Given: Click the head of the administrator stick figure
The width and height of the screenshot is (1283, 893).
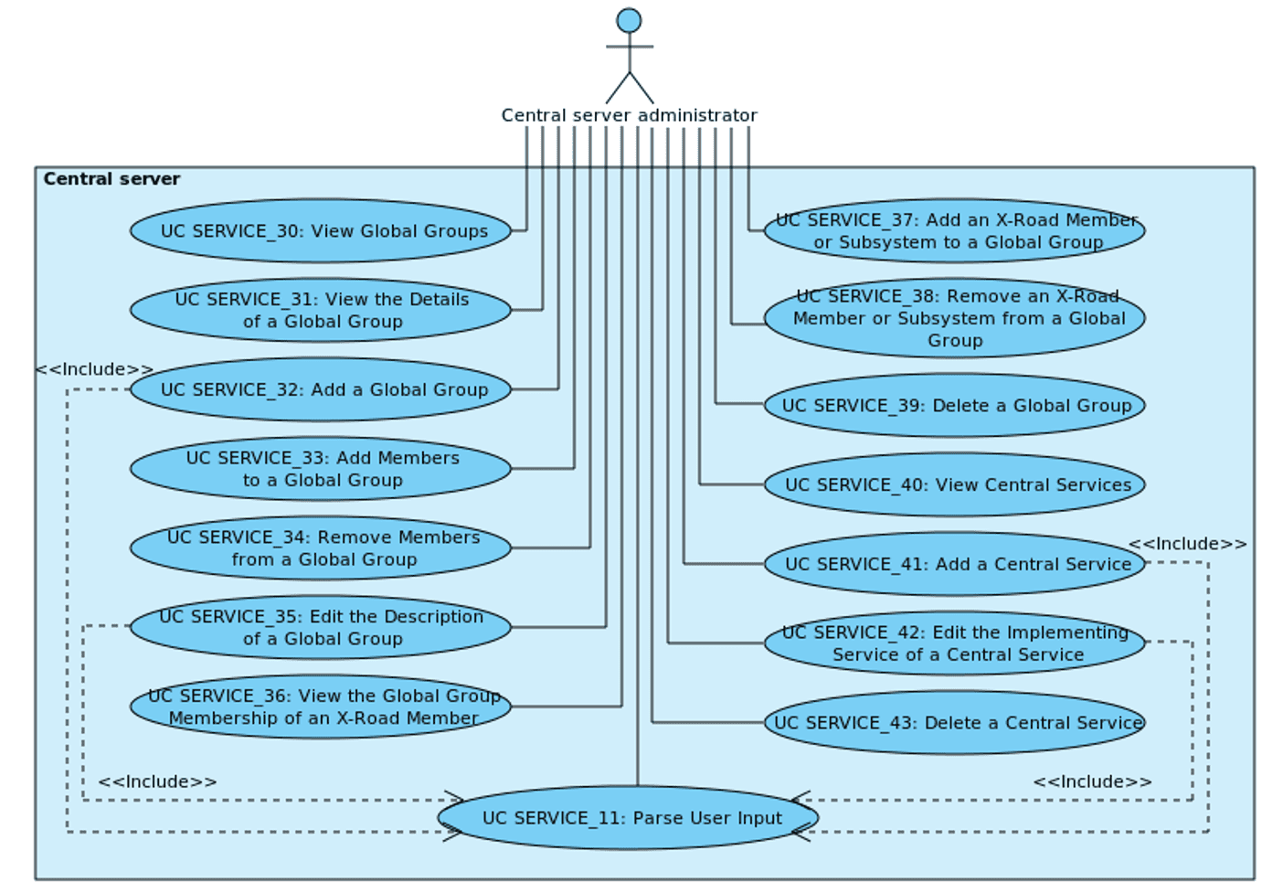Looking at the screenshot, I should pyautogui.click(x=629, y=20).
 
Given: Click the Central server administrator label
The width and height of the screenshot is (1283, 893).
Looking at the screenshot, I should pyautogui.click(x=629, y=116).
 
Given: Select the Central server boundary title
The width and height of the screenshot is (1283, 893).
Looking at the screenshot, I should pyautogui.click(x=111, y=179).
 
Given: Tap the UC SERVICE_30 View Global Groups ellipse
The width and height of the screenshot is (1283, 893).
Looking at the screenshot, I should pyautogui.click(x=321, y=231).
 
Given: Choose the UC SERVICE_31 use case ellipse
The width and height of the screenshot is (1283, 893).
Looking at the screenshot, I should pyautogui.click(x=321, y=311).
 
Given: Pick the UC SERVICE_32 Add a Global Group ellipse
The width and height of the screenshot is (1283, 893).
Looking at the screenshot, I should pyautogui.click(x=321, y=390).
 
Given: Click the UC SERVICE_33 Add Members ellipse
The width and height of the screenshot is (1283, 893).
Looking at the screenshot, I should pyautogui.click(x=321, y=469).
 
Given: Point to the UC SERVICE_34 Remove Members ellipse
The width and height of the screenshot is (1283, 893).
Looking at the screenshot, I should pyautogui.click(x=321, y=548).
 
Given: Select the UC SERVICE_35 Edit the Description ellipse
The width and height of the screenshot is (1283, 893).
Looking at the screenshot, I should pyautogui.click(x=321, y=628).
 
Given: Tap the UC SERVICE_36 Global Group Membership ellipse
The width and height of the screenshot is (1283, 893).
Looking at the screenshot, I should pyautogui.click(x=321, y=707).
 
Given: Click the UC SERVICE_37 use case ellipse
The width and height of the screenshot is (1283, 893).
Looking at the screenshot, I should pyautogui.click(x=955, y=231).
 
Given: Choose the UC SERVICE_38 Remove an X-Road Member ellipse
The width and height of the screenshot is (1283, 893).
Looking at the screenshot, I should pyautogui.click(x=955, y=318).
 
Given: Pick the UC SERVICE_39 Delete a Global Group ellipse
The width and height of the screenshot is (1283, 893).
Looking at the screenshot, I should pyautogui.click(x=955, y=406).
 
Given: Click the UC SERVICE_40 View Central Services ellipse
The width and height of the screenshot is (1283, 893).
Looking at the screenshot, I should pyautogui.click(x=955, y=485).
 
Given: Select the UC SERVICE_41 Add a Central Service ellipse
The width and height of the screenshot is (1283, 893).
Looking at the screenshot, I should pyautogui.click(x=955, y=564).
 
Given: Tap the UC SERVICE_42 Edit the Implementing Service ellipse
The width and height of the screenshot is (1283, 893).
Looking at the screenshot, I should pyautogui.click(x=955, y=643).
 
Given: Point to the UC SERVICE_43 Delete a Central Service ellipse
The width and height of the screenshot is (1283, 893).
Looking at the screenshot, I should pyautogui.click(x=955, y=723).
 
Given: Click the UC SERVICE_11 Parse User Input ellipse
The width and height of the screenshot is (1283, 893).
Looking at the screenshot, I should pyautogui.click(x=629, y=818).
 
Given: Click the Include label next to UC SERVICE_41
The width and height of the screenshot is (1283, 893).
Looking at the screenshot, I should pyautogui.click(x=1187, y=544).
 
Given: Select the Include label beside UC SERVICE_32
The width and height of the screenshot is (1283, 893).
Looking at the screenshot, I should pyautogui.click(x=94, y=369).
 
